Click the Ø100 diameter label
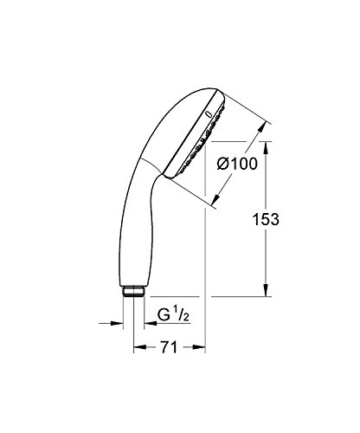coord(235,162)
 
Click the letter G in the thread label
coord(163,326)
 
